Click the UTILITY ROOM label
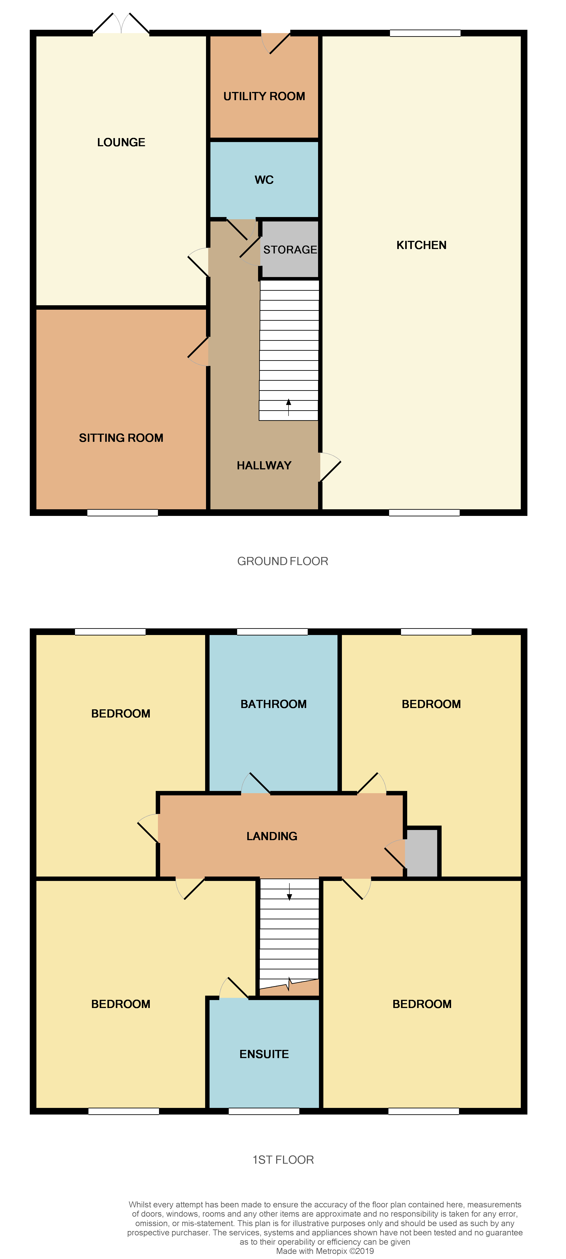click(264, 96)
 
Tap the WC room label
click(264, 180)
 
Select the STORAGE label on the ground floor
click(290, 250)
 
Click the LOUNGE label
click(121, 142)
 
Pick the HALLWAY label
click(264, 465)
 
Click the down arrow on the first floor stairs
click(289, 892)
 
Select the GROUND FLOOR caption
click(283, 561)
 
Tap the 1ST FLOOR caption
click(283, 1160)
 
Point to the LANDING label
click(272, 836)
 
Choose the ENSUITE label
click(264, 1054)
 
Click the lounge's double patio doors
click(121, 24)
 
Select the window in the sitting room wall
click(123, 513)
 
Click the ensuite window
click(264, 1111)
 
